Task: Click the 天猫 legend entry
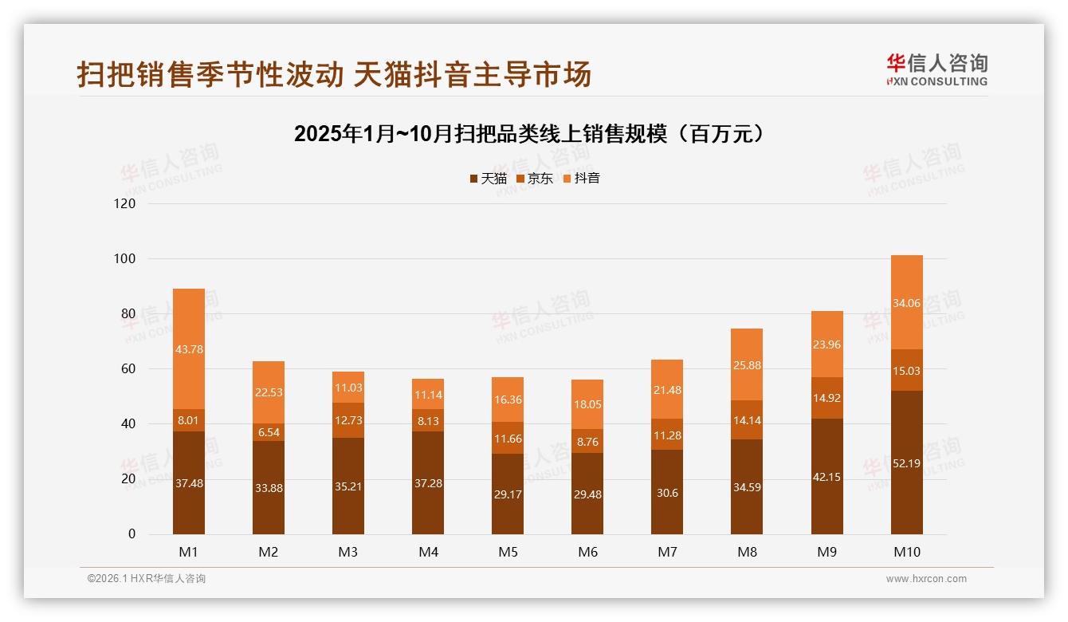[488, 179]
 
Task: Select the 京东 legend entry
[535, 179]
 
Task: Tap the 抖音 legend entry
[581, 179]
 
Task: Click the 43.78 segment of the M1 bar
[189, 348]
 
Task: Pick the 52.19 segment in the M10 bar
[907, 463]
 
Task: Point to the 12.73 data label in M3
[348, 420]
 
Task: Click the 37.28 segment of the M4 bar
[428, 483]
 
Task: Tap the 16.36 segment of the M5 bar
[508, 400]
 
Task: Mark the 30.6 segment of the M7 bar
[667, 493]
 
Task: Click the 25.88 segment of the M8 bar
[747, 364]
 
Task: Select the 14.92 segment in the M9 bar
[827, 398]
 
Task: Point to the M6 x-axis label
[587, 552]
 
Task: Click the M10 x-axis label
[907, 552]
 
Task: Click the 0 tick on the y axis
[132, 534]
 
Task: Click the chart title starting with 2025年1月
[533, 134]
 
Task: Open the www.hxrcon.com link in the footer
[926, 579]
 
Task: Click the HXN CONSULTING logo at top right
[936, 70]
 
